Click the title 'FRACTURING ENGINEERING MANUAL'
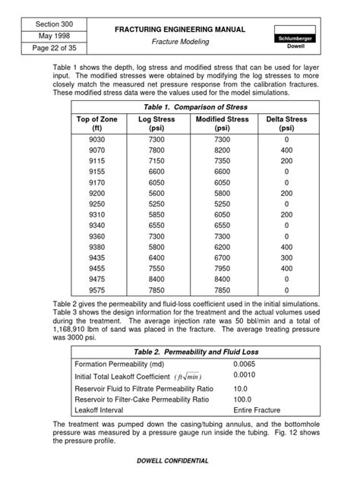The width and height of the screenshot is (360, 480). tap(179, 29)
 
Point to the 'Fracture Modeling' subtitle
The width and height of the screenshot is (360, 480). tap(179, 43)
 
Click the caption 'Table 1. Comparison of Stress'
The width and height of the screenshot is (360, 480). tap(180, 106)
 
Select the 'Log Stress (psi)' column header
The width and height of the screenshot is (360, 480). tap(156, 124)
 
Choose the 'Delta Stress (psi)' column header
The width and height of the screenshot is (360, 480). tap(286, 124)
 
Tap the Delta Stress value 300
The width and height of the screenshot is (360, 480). tap(286, 257)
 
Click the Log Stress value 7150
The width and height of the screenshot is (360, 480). tap(156, 162)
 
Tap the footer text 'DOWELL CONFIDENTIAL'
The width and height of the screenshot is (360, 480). tap(179, 461)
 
